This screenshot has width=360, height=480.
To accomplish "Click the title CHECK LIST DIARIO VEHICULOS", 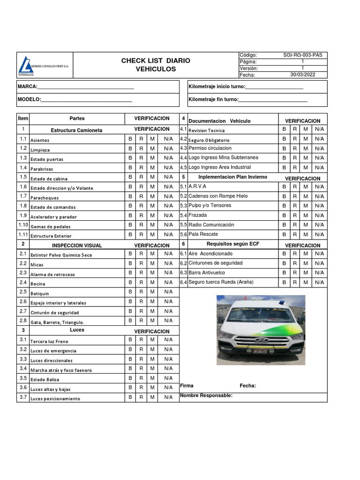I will tap(156, 65).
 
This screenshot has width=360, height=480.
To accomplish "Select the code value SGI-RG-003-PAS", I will tap(302, 55).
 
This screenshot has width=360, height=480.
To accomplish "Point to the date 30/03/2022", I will tap(302, 75).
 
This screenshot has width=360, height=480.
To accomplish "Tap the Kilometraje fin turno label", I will tap(213, 99).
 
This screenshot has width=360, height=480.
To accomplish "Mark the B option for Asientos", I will tap(130, 139).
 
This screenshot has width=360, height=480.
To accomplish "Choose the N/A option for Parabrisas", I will tap(168, 167).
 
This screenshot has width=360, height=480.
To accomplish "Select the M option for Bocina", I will tap(152, 282).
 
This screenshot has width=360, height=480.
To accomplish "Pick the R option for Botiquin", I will tap(141, 292).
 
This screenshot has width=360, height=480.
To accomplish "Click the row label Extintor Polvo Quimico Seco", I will tap(61, 255).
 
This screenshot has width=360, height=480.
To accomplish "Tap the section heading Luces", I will tap(77, 330).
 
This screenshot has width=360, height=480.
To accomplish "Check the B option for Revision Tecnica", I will tap(284, 129).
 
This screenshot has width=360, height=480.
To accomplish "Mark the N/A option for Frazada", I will tap(319, 215).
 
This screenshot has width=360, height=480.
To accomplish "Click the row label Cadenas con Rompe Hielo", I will tap(218, 196).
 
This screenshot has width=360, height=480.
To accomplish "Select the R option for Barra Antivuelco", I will tap(295, 272).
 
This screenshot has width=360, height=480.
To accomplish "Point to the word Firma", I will tap(187, 386).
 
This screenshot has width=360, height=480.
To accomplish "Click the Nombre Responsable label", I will tap(206, 396).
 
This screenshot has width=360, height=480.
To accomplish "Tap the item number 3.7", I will tap(23, 397).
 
